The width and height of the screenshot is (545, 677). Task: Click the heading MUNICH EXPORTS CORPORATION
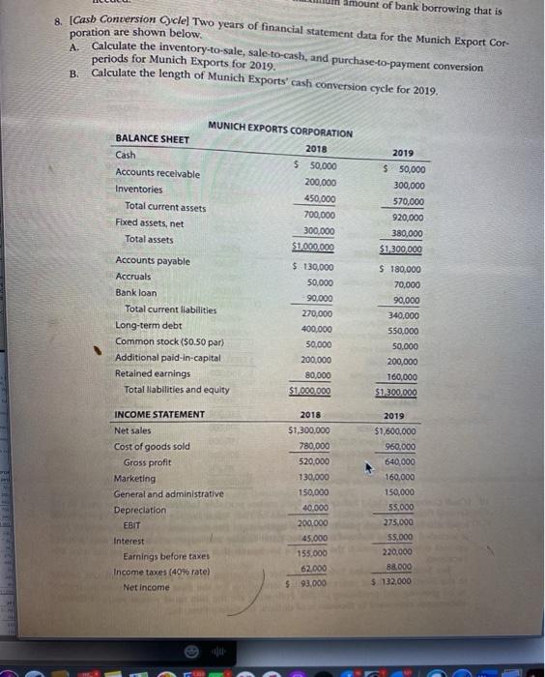coord(280,132)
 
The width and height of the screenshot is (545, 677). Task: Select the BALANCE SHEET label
coord(153,139)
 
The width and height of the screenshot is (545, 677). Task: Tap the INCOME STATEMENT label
coord(159,415)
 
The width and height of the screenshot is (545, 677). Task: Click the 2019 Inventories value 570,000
coord(405,201)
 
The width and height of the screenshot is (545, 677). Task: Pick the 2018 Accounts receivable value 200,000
coord(320,182)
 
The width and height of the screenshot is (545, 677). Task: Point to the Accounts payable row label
coord(153,261)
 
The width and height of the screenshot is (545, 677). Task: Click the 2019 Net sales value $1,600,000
coord(397,431)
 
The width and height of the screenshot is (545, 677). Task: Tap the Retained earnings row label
coord(145,373)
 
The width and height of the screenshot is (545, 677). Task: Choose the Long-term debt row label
coord(148,327)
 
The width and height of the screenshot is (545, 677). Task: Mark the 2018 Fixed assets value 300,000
coord(319,231)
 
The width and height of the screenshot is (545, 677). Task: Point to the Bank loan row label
coord(135,292)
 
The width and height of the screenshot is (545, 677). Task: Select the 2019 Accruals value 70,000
coord(407,284)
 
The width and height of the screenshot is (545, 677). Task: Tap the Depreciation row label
coord(140,509)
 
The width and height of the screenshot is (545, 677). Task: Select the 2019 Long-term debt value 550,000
coord(405,330)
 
